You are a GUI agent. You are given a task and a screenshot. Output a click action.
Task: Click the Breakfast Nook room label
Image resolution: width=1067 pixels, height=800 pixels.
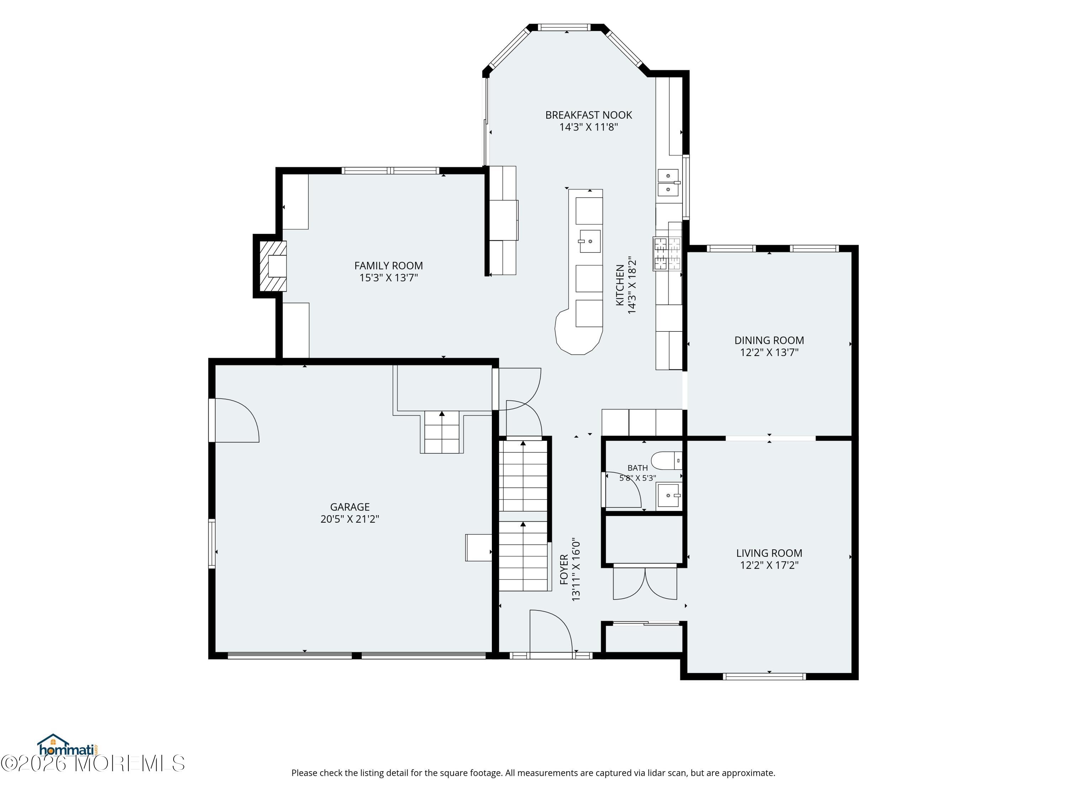(x=589, y=115)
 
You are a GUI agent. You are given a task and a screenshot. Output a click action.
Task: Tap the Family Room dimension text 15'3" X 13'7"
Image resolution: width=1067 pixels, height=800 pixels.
(x=388, y=278)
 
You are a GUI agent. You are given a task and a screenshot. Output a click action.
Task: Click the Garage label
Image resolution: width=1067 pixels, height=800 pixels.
(x=350, y=507)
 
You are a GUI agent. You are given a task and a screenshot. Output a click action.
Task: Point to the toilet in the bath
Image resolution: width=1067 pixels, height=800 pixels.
(x=667, y=460)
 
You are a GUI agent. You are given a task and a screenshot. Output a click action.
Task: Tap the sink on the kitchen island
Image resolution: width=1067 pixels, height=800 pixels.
(x=589, y=241)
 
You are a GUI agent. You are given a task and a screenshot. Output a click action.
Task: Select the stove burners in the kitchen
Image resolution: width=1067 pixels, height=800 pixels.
(x=667, y=254)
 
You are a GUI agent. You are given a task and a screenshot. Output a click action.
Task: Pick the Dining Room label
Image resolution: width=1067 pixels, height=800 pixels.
(x=769, y=341)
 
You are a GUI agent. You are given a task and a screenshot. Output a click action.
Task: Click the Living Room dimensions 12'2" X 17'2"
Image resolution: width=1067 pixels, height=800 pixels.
(x=769, y=565)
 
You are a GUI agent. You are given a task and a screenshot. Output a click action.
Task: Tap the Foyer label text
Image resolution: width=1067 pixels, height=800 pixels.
(x=564, y=570)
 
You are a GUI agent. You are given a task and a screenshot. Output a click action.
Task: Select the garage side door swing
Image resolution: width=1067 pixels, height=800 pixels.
(x=237, y=420)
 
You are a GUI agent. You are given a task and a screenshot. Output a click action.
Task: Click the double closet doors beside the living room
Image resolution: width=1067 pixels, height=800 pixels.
(x=645, y=583)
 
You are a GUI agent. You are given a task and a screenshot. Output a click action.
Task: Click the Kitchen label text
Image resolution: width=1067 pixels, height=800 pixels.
(x=620, y=285)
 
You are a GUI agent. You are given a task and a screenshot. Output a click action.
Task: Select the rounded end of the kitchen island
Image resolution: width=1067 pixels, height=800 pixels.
(x=578, y=332)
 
